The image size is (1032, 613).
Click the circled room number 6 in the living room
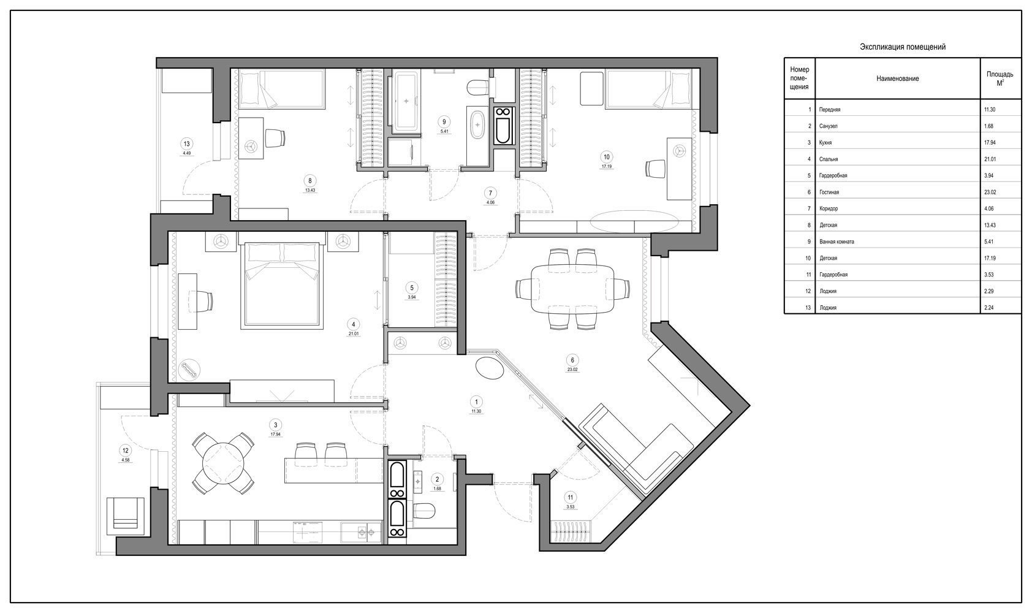pyautogui.click(x=572, y=360)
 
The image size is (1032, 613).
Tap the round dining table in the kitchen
pyautogui.click(x=223, y=463)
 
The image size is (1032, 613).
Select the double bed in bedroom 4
pyautogui.click(x=281, y=285)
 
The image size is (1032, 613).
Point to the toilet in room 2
pyautogui.click(x=424, y=510)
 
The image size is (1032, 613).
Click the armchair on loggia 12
pyautogui.click(x=125, y=516)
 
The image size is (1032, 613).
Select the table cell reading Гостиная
pyautogui.click(x=829, y=192)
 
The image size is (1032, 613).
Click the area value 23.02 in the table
pyautogui.click(x=990, y=192)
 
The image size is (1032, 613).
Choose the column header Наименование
pyautogui.click(x=897, y=79)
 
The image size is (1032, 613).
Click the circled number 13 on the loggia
pyautogui.click(x=186, y=144)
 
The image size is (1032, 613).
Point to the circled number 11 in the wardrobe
pyautogui.click(x=571, y=497)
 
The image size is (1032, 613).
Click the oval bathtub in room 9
pyautogui.click(x=478, y=124)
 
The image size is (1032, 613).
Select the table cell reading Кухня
pyautogui.click(x=825, y=143)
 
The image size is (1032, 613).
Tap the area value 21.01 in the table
pyautogui.click(x=990, y=159)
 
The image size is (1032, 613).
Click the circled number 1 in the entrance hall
pyautogui.click(x=476, y=402)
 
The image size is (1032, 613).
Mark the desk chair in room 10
pyautogui.click(x=655, y=168)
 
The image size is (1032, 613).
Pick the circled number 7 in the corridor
pyautogui.click(x=490, y=193)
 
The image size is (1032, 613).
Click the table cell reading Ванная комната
pyautogui.click(x=837, y=242)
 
